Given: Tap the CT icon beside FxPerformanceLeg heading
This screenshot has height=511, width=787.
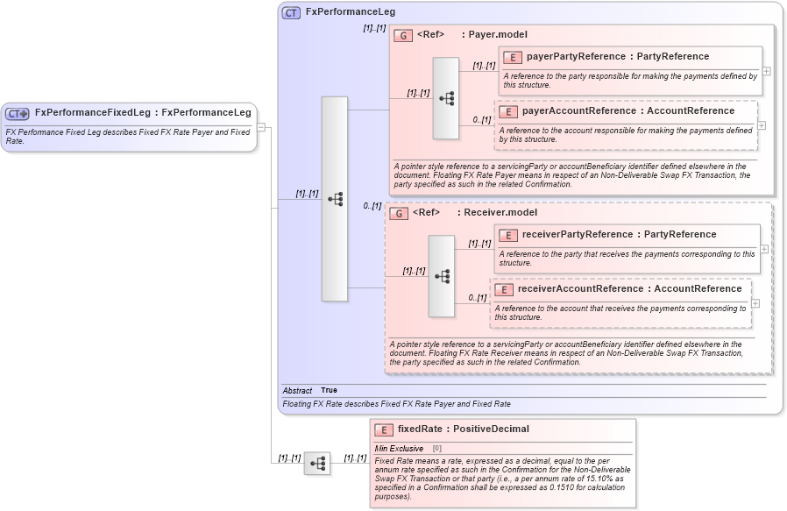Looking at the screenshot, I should pyautogui.click(x=291, y=12).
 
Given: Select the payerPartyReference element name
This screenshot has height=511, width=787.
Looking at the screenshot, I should pyautogui.click(x=575, y=57).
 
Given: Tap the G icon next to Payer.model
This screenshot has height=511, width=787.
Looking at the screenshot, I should pyautogui.click(x=403, y=35).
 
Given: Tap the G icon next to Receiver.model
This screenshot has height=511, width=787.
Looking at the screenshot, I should pyautogui.click(x=399, y=213).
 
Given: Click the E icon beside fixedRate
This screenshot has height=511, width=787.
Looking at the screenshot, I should pyautogui.click(x=383, y=429).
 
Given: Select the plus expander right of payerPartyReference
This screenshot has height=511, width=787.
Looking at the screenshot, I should pyautogui.click(x=766, y=71).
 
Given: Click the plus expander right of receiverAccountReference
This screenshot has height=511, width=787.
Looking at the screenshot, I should pyautogui.click(x=755, y=303).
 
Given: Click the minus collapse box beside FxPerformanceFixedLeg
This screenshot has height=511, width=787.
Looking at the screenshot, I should pyautogui.click(x=261, y=127).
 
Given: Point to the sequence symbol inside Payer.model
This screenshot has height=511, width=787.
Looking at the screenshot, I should pyautogui.click(x=445, y=98).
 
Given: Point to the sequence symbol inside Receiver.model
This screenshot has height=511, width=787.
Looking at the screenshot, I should pyautogui.click(x=441, y=276).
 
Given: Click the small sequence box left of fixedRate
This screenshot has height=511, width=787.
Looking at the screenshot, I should pyautogui.click(x=317, y=463).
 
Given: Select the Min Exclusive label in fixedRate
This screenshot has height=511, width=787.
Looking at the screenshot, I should pyautogui.click(x=399, y=449).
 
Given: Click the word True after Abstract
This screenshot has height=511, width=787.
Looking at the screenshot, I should pyautogui.click(x=329, y=390).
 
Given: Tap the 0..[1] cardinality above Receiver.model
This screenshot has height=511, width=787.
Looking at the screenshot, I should pyautogui.click(x=372, y=206).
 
